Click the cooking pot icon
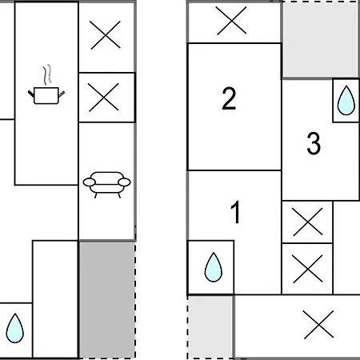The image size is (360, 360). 46,96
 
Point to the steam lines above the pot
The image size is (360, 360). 47,74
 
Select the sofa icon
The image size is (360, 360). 106,185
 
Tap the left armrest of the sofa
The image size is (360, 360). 89,182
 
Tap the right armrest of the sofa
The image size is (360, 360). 124,182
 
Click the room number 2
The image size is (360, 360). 229,98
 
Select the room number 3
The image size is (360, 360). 314,143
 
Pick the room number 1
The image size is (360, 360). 235,212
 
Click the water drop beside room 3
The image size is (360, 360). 346,100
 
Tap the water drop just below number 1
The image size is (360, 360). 214,267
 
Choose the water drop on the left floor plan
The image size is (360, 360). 15,328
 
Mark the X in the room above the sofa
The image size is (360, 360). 104,97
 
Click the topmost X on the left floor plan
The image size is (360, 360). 106,35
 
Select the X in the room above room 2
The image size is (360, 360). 231,21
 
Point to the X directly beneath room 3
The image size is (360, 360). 307,222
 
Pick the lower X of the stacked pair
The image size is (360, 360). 307,269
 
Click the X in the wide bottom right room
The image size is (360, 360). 318,325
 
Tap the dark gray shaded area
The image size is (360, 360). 106,300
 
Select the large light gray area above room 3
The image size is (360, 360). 320,39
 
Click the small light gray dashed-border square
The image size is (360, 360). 210,327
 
